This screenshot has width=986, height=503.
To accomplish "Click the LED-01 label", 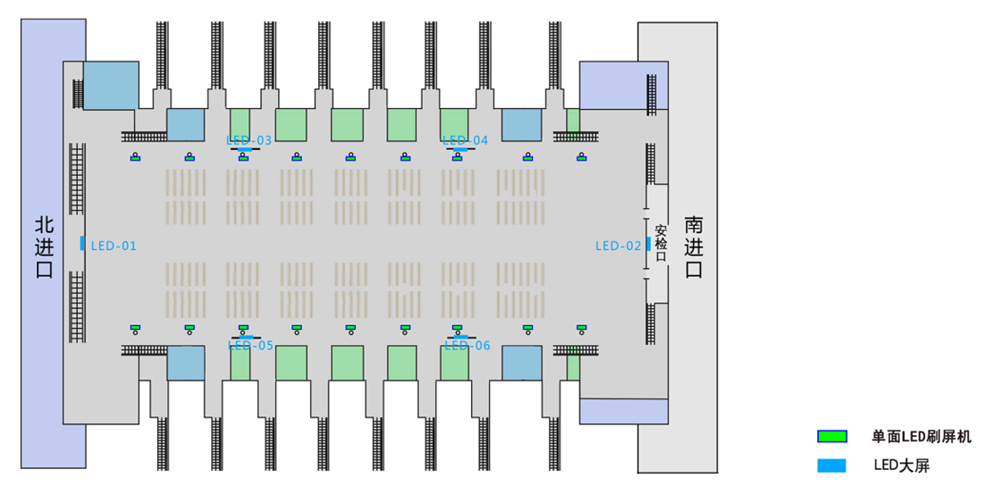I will click(x=114, y=246).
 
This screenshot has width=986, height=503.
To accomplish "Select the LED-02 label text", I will click(x=619, y=246).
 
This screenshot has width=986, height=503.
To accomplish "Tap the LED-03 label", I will click(x=249, y=140).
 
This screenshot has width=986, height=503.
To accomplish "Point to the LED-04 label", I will click(x=466, y=140).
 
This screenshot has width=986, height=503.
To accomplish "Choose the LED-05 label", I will click(x=250, y=346).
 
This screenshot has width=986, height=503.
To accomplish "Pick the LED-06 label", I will click(x=468, y=346).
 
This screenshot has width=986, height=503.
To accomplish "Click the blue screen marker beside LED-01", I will click(x=82, y=243).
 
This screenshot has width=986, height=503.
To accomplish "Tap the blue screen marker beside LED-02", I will click(x=647, y=244).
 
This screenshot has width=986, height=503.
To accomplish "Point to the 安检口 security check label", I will click(x=661, y=243).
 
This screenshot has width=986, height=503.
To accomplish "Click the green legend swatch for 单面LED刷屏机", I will click(x=831, y=437).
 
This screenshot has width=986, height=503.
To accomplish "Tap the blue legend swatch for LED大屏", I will click(x=831, y=465).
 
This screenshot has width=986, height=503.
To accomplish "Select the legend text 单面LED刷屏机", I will click(x=922, y=437).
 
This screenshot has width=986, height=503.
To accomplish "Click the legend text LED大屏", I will click(x=901, y=465).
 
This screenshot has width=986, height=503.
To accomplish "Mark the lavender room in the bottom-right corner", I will click(x=624, y=411).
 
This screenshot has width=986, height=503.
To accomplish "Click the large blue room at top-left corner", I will click(x=111, y=85).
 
